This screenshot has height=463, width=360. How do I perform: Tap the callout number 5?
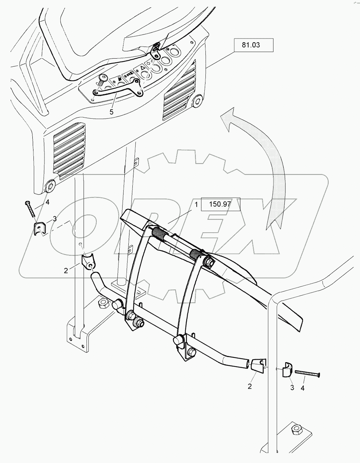coord(111,112)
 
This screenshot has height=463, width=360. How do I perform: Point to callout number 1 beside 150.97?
coord(196,205)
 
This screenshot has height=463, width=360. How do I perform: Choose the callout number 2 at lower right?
coord(250,386)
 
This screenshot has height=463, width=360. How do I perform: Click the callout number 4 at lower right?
coord(303,388)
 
